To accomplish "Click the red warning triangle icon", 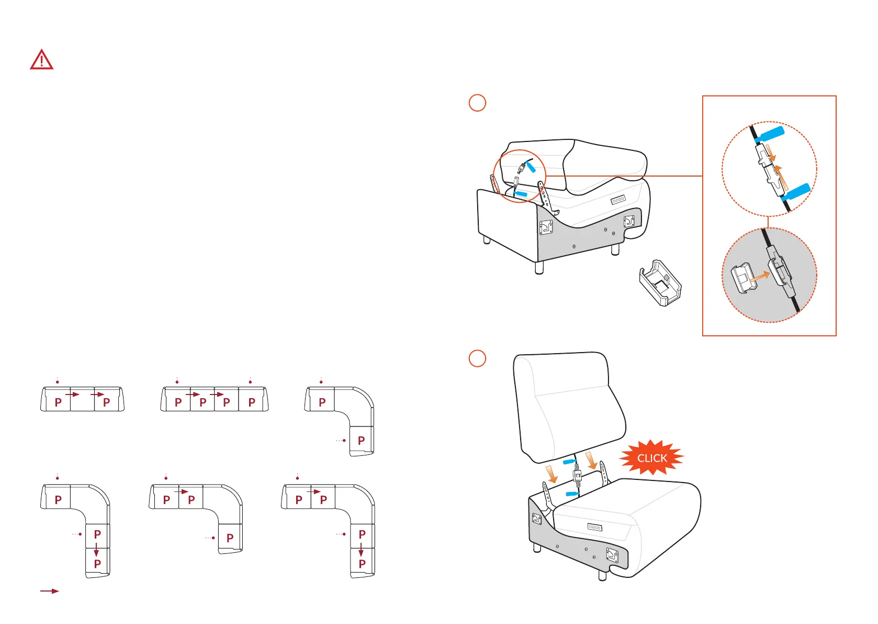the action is pyautogui.click(x=41, y=60).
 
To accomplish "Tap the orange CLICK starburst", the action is pyautogui.click(x=651, y=457).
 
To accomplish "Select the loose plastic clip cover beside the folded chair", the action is pyautogui.click(x=660, y=283).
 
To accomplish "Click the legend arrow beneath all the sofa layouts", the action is pyautogui.click(x=50, y=591).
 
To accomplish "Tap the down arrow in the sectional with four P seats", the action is pyautogui.click(x=361, y=550).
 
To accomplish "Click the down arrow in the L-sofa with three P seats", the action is pyautogui.click(x=96, y=550).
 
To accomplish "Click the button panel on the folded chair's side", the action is pyautogui.click(x=618, y=200).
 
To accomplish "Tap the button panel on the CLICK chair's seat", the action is pyautogui.click(x=594, y=527).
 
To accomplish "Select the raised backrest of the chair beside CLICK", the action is pyautogui.click(x=568, y=403).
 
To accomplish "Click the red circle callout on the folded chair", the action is pyautogui.click(x=520, y=176).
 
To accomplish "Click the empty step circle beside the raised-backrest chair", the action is pyautogui.click(x=477, y=358).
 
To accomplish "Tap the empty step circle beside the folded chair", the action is pyautogui.click(x=477, y=103).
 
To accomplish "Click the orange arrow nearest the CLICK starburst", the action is pyautogui.click(x=592, y=461).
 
